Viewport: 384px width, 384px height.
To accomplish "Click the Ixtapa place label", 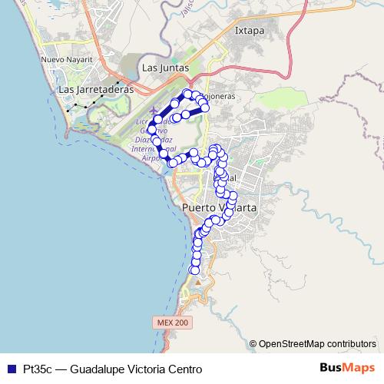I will point(250,31).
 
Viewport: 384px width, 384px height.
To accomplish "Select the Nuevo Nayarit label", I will point(67,59).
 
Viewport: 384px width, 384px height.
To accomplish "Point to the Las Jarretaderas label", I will point(96,89).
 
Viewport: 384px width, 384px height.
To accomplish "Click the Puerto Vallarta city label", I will point(219,208).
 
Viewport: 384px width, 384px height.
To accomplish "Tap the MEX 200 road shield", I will point(171,323).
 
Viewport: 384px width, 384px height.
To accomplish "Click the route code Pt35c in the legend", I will point(37,369).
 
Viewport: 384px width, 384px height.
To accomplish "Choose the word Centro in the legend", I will point(186,369).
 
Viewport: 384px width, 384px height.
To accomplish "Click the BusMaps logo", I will point(347,368).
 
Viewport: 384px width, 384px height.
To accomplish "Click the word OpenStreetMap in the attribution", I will point(292,343).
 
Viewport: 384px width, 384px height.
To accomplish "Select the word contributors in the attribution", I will point(351,343).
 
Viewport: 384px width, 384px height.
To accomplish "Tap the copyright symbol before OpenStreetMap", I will point(253,343).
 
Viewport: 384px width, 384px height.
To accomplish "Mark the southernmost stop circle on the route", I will point(195,270).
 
